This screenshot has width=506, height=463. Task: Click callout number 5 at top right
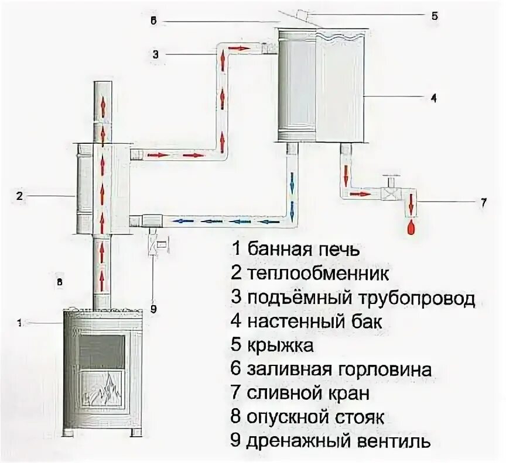(x=434, y=16)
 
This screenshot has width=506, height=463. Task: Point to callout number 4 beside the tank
(x=433, y=98)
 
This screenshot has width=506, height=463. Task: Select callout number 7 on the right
(x=483, y=203)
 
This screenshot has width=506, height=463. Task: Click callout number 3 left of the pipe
(x=155, y=54)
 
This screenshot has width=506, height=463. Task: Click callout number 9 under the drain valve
(x=153, y=309)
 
